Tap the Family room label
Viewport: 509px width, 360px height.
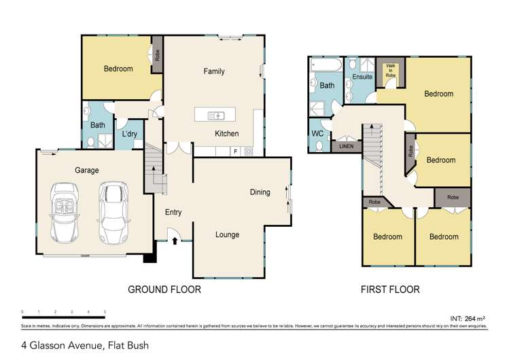click(x=214, y=71)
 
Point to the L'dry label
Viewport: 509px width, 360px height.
click(x=129, y=134)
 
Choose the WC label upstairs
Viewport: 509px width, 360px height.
click(x=317, y=132)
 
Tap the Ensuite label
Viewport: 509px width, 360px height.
click(x=362, y=77)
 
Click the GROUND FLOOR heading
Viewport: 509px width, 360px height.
click(x=164, y=289)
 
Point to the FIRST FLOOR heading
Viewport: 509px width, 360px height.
click(x=389, y=289)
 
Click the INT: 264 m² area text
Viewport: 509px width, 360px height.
click(x=469, y=318)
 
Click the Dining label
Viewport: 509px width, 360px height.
click(x=260, y=192)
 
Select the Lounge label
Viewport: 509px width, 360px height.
click(x=227, y=235)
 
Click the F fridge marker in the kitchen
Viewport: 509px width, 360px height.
click(x=235, y=151)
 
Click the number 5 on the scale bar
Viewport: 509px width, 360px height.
click(x=105, y=312)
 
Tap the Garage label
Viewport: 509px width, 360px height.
click(x=87, y=170)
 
